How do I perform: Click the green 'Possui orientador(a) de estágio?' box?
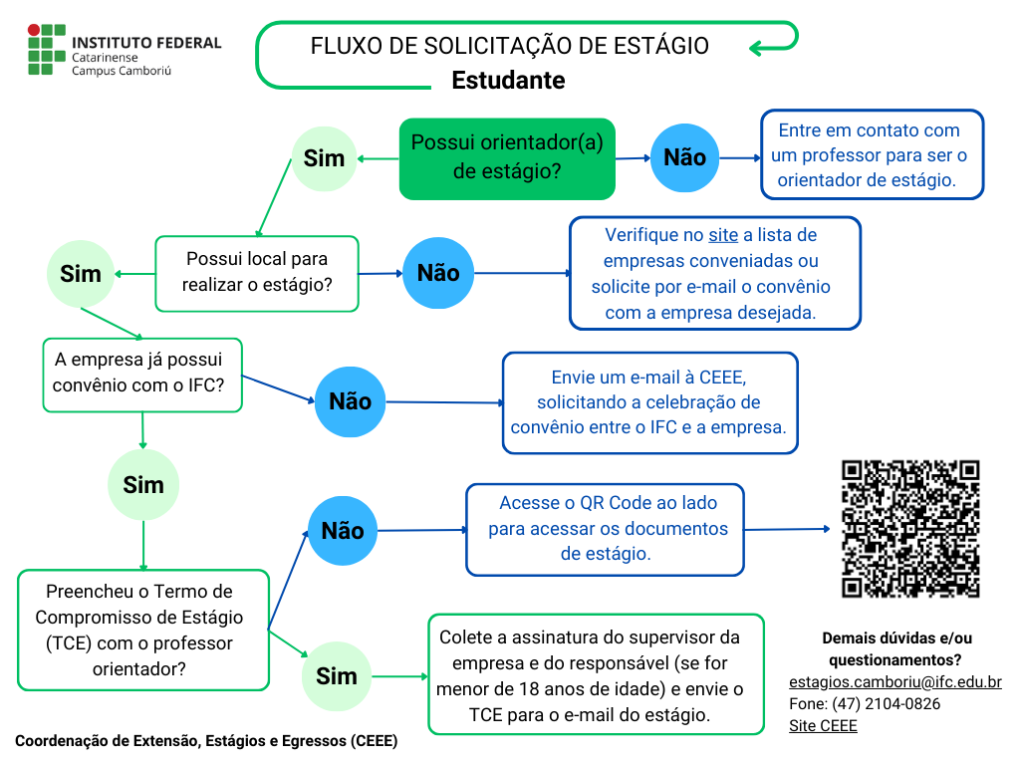tap(507, 157)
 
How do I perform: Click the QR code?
tap(910, 529)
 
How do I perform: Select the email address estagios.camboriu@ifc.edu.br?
tap(894, 682)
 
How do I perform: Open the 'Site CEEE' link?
tap(823, 726)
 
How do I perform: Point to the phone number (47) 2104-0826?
tap(865, 704)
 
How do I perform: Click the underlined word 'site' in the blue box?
tap(723, 235)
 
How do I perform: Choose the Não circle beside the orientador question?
tap(684, 157)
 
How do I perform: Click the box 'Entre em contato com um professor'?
tap(872, 155)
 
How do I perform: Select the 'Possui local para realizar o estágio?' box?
tap(257, 273)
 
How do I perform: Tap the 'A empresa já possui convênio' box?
tap(142, 374)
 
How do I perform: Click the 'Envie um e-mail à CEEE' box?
tap(649, 402)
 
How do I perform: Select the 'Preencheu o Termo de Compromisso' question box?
tap(143, 631)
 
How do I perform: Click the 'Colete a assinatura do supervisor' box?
tap(596, 674)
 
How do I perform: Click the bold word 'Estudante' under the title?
tap(508, 80)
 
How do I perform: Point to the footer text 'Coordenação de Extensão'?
tap(205, 741)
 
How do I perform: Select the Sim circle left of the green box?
tap(324, 158)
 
